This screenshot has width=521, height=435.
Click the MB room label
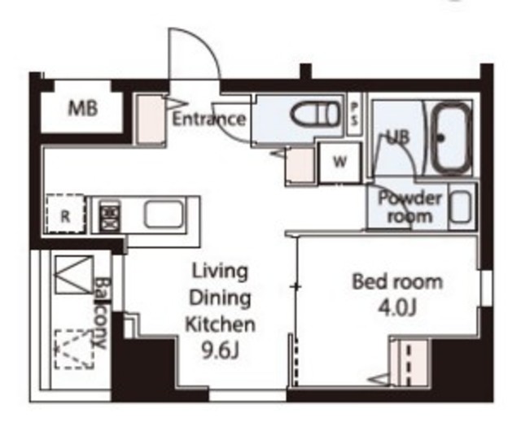83,108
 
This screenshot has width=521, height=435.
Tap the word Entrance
209,119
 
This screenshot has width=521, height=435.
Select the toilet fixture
316,114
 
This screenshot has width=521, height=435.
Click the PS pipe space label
355,114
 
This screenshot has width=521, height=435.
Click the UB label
399,137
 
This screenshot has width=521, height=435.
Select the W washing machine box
339,163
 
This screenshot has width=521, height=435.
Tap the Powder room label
410,207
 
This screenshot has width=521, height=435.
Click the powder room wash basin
461,207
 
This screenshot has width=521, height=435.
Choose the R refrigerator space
65,214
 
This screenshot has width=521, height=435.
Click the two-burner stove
108,215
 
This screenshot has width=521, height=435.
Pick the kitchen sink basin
164,215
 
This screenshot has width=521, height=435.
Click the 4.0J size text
397,309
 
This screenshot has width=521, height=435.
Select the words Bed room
397,282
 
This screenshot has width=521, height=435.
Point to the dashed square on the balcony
74,349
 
